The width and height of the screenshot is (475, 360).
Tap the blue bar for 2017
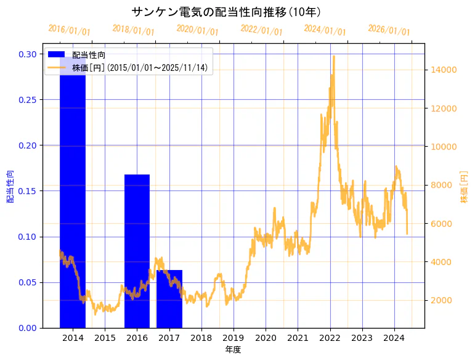169,299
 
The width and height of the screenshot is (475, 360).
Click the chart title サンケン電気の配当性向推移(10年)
225,12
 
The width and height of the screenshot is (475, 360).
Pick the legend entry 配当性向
89,55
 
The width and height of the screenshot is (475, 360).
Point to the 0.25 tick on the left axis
27,100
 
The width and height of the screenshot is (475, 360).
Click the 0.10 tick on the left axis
27,237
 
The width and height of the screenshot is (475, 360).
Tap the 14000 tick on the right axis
442,70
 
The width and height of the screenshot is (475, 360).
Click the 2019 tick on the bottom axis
233,338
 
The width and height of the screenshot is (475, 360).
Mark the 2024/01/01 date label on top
325,30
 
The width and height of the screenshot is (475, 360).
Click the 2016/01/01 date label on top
69,30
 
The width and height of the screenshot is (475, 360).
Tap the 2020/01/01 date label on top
197,30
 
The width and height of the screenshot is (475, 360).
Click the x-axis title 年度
233,350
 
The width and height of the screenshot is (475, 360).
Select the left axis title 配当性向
10,186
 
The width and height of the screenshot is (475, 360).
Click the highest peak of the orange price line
334,56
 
